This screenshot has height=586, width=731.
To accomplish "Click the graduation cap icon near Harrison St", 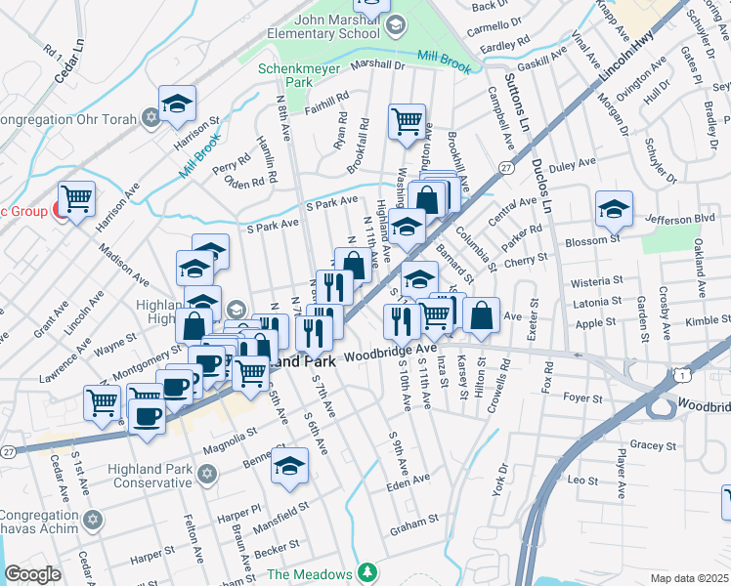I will (177, 103).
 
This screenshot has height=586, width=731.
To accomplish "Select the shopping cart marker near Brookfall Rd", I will (407, 122).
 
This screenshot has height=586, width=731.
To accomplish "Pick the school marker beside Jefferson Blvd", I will (614, 208).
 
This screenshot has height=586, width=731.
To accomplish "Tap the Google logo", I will (32, 574).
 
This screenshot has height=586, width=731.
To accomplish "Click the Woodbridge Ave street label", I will (390, 349).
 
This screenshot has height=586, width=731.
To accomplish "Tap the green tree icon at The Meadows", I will (366, 572).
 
